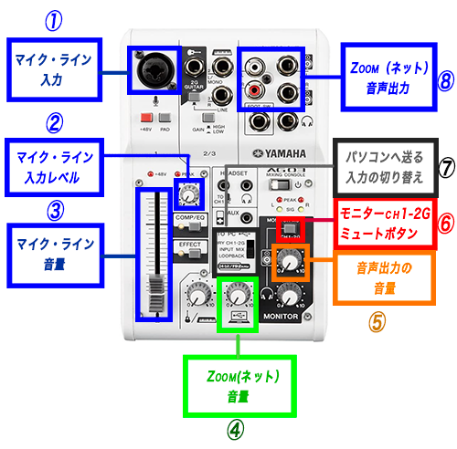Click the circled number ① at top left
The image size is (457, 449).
tap(55, 19)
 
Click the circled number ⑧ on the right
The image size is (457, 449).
tap(445, 81)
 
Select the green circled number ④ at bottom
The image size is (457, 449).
tap(236, 429)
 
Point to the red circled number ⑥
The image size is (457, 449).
tap(444, 222)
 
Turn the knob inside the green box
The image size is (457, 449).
tap(236, 293)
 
